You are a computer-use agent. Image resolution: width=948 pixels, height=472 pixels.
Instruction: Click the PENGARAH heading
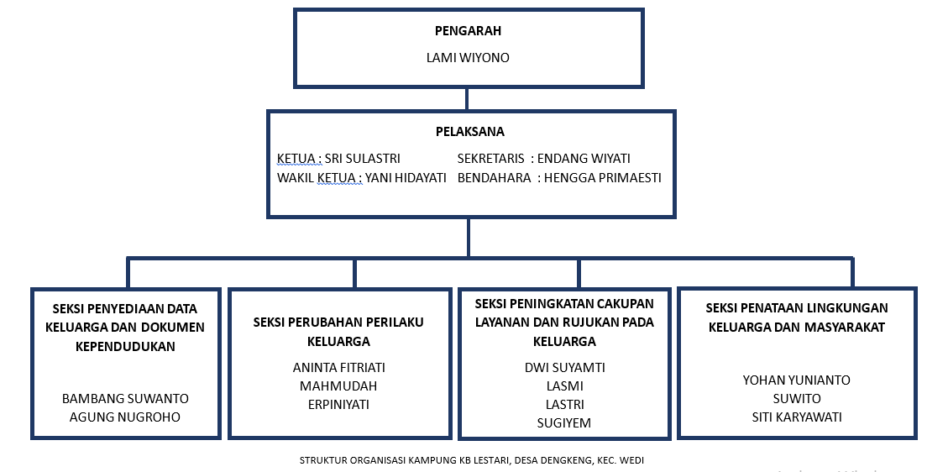[468, 31]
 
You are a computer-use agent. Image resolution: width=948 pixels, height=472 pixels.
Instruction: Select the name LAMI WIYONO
[468, 58]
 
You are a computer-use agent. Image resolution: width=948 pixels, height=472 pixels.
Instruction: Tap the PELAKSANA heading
[469, 132]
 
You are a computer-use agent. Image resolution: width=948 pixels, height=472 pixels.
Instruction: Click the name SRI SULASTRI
[362, 159]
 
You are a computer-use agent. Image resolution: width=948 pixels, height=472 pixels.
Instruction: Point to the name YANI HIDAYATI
[406, 177]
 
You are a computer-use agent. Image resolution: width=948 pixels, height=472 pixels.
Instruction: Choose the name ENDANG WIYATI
[584, 159]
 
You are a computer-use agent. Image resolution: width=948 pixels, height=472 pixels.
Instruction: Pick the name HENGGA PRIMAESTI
[602, 177]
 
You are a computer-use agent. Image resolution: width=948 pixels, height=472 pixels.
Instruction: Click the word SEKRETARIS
[491, 159]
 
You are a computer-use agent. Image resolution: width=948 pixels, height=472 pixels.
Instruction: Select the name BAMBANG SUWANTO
[125, 398]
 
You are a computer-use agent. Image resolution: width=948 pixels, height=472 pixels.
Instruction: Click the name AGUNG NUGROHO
[125, 417]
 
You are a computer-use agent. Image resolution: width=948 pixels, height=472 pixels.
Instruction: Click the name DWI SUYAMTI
[564, 368]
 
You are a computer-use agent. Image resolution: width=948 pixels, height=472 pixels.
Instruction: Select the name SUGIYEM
[564, 423]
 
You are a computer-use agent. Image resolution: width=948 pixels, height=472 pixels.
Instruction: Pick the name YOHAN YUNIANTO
[796, 380]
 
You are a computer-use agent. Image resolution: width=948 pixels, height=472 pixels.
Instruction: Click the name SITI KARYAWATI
[796, 417]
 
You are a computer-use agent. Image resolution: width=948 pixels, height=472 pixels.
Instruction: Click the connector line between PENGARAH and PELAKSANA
[467, 98]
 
